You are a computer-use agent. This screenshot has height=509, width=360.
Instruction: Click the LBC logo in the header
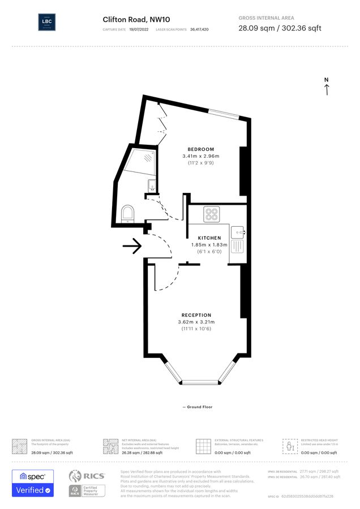[x=46, y=22]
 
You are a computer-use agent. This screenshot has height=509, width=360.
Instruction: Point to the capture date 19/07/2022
[x=138, y=28]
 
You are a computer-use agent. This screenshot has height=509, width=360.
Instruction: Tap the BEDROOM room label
[x=201, y=149]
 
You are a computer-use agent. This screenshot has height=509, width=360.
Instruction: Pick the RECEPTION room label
[x=196, y=315]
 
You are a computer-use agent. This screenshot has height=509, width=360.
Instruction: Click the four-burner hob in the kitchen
[x=212, y=214]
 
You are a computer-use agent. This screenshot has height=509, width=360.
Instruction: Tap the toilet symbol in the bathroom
[x=128, y=214]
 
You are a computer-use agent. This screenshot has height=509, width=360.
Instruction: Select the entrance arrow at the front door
[x=132, y=246]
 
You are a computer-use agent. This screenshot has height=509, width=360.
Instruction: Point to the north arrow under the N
[x=327, y=90]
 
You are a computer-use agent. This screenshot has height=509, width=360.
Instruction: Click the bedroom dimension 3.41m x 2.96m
[x=201, y=156]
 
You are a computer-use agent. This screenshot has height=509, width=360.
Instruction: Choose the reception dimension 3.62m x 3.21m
[x=196, y=322]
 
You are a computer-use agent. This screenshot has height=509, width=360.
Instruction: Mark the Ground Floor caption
[x=198, y=407]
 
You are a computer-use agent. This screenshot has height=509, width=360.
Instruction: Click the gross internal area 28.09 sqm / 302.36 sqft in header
[x=280, y=28]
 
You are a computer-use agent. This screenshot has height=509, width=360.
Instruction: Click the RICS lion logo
[x=79, y=476]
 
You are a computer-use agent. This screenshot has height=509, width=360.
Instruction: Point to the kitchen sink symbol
[x=236, y=231]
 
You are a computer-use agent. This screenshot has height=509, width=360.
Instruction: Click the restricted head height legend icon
[x=290, y=445]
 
